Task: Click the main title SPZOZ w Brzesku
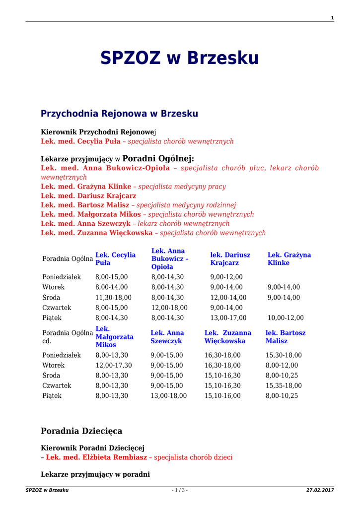point(180,58)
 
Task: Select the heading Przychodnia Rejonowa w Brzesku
point(119,114)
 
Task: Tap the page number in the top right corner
point(332,18)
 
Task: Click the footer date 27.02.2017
point(320,490)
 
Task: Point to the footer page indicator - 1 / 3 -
point(180,490)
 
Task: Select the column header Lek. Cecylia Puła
point(115,258)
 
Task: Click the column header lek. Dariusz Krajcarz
point(230,258)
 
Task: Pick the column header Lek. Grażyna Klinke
point(289,258)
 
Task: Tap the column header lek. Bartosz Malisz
point(286,337)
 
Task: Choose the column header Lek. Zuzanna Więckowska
point(228,337)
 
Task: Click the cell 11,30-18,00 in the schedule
point(113,298)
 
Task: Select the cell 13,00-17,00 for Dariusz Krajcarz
point(228,318)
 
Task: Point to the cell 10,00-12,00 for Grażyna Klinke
point(286,318)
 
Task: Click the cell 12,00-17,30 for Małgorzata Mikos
point(113,365)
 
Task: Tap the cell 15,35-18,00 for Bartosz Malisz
point(284,385)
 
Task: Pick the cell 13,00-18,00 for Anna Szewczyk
point(168,396)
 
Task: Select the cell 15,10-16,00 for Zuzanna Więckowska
point(222,396)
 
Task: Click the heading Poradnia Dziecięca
point(81,431)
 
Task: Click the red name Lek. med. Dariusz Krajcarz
point(88,195)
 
